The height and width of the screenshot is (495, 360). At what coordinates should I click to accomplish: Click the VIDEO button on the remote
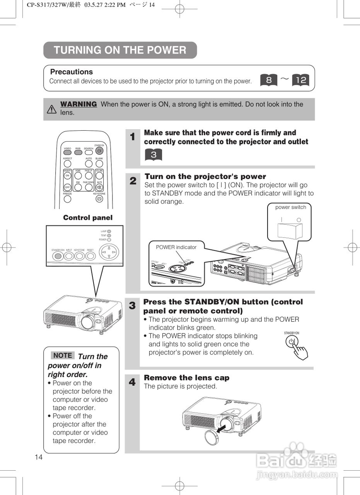click(68, 152)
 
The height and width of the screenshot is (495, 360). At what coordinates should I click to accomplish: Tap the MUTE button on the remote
click(99, 187)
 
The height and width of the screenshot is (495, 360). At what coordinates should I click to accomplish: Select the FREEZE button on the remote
click(68, 199)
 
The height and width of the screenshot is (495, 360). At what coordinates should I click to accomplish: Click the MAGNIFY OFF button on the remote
click(68, 187)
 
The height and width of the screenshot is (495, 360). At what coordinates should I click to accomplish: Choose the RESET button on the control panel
click(90, 256)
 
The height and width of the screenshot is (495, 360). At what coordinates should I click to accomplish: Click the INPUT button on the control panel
click(69, 256)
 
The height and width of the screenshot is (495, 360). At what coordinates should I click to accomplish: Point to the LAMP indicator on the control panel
click(109, 231)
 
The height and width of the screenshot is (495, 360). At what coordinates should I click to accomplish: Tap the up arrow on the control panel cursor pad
click(109, 248)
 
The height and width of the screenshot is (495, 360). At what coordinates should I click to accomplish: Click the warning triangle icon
click(51, 109)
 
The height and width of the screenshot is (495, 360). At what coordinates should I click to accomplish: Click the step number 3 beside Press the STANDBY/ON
click(132, 306)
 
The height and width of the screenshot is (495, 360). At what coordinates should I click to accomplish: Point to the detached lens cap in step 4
click(212, 436)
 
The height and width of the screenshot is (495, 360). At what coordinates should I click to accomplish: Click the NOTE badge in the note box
click(63, 355)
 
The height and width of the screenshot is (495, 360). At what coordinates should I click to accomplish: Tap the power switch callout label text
click(290, 207)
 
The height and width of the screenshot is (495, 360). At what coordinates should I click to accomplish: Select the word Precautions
click(72, 72)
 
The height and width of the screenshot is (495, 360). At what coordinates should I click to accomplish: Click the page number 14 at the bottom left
click(39, 457)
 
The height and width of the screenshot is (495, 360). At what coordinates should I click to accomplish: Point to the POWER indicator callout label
click(176, 247)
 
